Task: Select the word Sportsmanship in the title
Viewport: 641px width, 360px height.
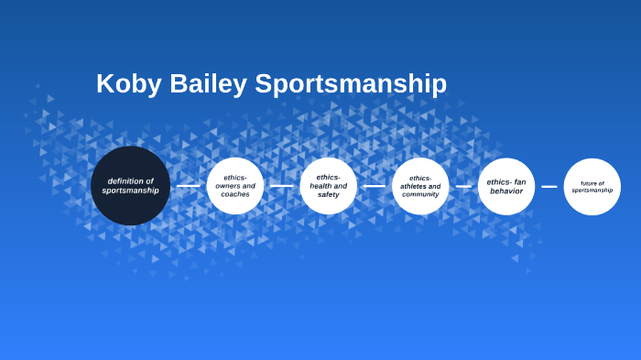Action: (351, 83)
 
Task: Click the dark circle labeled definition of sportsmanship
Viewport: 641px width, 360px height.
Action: (130, 186)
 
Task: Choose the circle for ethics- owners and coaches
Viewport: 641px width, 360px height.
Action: (235, 186)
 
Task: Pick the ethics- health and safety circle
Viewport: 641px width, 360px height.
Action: (328, 186)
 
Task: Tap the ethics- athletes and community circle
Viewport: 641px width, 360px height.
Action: (420, 186)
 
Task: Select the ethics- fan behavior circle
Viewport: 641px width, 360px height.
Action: (506, 186)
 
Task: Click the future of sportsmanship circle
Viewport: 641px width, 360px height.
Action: (592, 186)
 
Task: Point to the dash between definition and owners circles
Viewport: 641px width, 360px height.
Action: (189, 186)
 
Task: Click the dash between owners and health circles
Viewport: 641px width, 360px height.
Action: (282, 186)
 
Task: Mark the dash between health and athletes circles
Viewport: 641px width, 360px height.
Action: (375, 186)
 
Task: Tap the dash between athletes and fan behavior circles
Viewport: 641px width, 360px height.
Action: (463, 186)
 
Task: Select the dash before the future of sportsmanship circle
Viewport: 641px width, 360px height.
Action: (549, 186)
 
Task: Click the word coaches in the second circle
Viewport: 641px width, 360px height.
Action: (235, 194)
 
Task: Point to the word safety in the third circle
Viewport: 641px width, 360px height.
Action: (328, 194)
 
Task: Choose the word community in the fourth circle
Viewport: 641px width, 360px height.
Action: (420, 194)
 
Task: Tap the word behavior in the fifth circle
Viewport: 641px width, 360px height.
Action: (506, 191)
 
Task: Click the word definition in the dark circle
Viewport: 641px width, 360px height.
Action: (125, 180)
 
